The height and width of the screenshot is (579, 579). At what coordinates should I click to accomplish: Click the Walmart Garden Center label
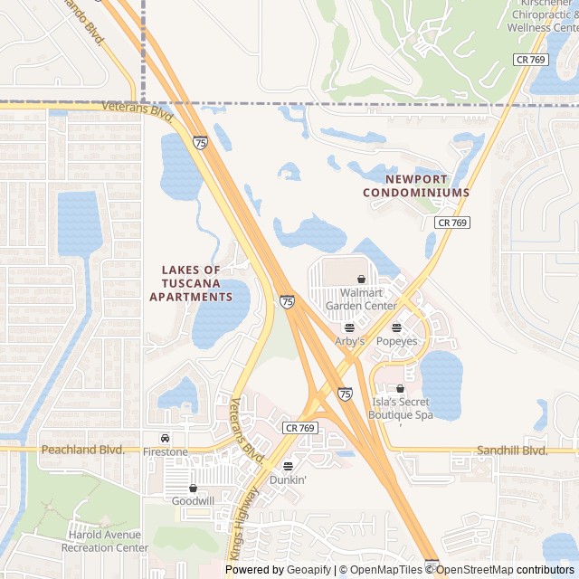coord(361,299)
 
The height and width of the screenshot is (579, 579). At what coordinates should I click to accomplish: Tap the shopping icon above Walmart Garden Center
coord(362,280)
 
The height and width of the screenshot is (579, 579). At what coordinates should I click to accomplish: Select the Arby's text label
coord(349,341)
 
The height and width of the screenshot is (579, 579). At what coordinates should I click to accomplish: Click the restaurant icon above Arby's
coord(349,327)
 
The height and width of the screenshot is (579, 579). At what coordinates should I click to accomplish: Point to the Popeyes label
coord(396,341)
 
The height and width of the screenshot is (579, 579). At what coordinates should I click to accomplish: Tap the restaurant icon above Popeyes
coord(396,327)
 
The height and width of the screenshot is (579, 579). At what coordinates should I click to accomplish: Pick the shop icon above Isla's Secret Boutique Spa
coord(400,389)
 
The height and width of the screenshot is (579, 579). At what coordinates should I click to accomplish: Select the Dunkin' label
coord(288,479)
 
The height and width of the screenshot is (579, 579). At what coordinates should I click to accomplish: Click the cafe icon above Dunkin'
coord(288,466)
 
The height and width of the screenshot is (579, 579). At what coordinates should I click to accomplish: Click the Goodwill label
coord(193,500)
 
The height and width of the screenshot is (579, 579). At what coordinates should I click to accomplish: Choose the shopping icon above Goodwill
coord(193,488)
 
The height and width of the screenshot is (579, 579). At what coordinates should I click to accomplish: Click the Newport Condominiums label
coord(416,186)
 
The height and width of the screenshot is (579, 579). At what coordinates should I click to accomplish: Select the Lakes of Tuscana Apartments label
coord(191,283)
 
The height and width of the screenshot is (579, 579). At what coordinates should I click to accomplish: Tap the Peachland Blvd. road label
coord(81,450)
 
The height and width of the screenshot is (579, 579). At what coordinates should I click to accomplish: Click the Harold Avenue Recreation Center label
coord(108,541)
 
